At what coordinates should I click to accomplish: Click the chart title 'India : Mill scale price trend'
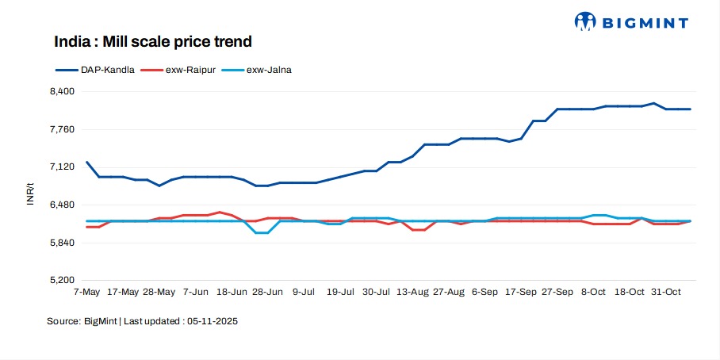coord(152,41)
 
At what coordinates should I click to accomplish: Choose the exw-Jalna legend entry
coord(269,70)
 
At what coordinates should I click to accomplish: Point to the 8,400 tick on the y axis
coord(62,91)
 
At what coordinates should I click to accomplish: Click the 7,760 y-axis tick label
coord(62,129)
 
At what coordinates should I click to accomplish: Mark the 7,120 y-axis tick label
coord(62,167)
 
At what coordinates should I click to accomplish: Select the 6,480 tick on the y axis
coord(62,205)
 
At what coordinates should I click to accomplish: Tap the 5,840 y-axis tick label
coord(62,243)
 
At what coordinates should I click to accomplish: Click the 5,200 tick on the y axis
coord(62,281)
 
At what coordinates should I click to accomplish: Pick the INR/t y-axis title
coord(30,193)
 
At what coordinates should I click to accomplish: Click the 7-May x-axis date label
coord(86,293)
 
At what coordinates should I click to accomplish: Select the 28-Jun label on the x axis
coord(267,293)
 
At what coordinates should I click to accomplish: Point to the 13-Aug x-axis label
coord(412,293)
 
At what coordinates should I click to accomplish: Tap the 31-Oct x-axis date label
coord(666,293)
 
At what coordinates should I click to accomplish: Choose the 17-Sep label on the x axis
coord(521,293)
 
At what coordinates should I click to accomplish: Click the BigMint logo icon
coord(585,21)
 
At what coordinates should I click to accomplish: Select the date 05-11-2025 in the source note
coord(212,322)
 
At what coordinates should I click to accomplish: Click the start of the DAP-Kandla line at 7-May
coord(86,162)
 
